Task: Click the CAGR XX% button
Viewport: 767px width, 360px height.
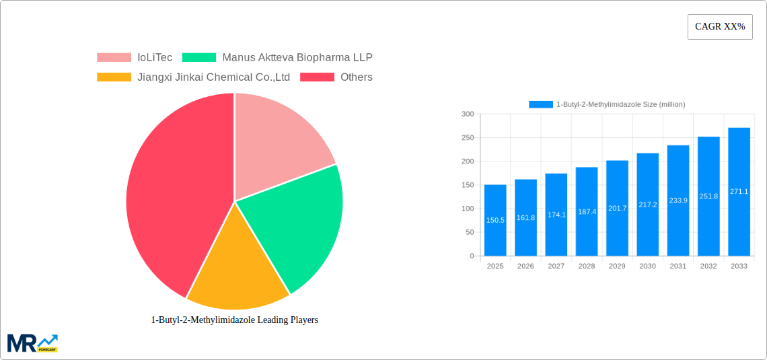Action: click(719, 27)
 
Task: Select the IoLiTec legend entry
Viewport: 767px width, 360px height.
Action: click(135, 57)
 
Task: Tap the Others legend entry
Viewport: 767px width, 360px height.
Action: click(336, 77)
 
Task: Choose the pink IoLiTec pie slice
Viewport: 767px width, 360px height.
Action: click(276, 141)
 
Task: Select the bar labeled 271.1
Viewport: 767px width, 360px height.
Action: click(739, 192)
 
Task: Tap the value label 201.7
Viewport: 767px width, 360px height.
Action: click(617, 208)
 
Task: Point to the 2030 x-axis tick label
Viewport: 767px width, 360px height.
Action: click(647, 266)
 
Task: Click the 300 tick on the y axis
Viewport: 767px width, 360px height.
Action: click(467, 114)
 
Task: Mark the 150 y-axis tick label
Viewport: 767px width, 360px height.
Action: click(467, 185)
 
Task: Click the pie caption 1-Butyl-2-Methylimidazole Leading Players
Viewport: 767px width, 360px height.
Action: click(234, 320)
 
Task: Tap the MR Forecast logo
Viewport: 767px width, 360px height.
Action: click(32, 343)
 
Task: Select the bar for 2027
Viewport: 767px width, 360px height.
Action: click(556, 215)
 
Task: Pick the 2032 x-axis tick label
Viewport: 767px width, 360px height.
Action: click(708, 266)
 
